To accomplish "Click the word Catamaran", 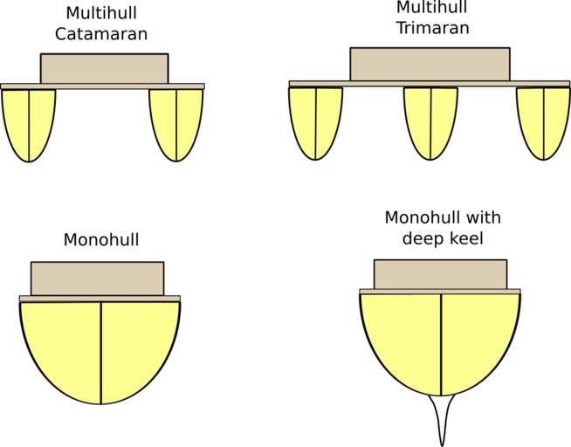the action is click(101, 34).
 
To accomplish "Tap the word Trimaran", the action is click(433, 28).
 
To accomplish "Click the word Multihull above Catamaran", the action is click(101, 13).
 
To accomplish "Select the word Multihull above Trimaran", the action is click(431, 7).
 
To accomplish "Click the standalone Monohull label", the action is click(101, 240).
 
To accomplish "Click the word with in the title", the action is click(485, 217).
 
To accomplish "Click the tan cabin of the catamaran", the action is click(105, 69).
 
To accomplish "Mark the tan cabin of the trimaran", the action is click(430, 65).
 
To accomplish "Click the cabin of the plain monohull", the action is click(98, 279).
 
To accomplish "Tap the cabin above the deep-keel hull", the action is click(441, 274).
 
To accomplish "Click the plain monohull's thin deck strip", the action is click(100, 299).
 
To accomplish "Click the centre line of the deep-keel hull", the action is click(442, 345).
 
